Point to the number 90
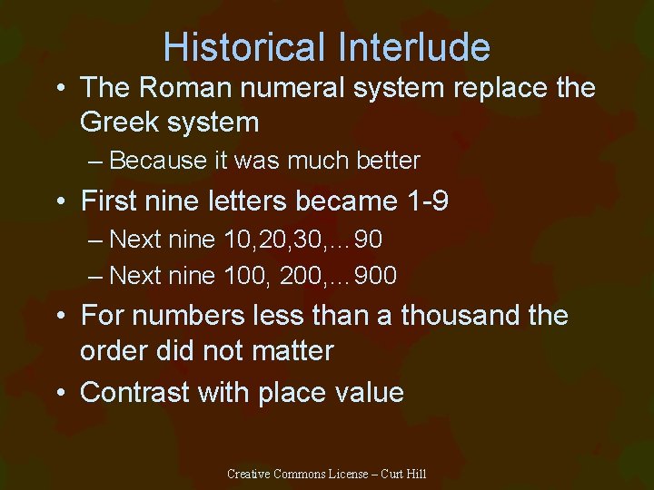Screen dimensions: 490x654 368,240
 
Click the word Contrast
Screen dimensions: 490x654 134,392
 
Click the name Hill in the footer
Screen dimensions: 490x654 416,474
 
